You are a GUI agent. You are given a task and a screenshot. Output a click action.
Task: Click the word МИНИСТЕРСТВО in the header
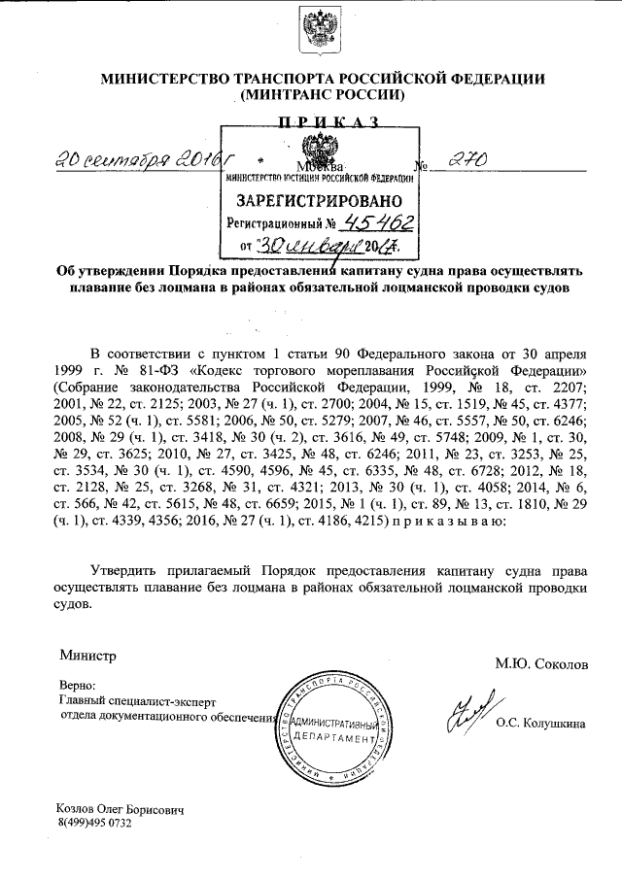tap(166, 79)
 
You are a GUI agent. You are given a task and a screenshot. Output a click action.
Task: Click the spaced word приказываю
tap(448, 522)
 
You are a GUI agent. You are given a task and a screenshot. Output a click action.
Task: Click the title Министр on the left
tap(86, 657)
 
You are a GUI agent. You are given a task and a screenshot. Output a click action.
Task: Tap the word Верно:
tap(79, 684)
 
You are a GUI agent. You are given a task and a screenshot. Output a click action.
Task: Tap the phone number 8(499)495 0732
tap(94, 823)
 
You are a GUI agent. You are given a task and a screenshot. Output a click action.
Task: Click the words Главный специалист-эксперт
tap(134, 700)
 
